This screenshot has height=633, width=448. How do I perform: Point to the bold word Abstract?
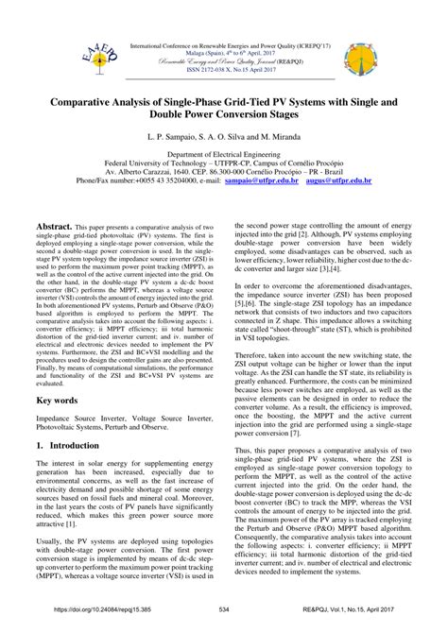click(53, 228)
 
